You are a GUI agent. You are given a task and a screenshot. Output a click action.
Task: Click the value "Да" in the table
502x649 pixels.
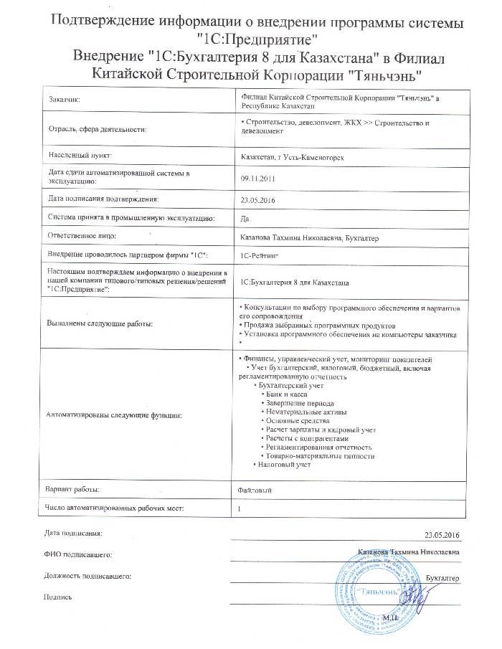point(247,217)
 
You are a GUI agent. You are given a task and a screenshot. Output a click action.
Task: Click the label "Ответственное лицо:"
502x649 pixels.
point(82,235)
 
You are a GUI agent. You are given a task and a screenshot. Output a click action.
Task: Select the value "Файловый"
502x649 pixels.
point(255,489)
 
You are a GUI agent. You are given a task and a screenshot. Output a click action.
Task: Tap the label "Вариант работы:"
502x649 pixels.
point(73,489)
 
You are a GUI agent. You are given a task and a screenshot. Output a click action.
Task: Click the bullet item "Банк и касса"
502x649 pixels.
point(288,394)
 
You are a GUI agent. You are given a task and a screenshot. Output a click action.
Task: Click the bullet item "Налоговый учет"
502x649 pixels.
point(285,464)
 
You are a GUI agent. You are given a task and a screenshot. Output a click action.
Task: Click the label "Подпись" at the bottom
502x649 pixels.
point(57,595)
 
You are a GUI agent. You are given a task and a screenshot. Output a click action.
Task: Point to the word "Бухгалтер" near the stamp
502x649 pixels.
point(442,577)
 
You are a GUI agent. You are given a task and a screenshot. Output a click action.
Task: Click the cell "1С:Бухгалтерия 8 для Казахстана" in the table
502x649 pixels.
point(296,283)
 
